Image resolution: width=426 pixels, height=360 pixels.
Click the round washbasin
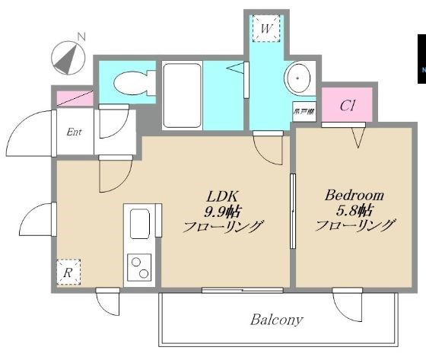(296, 78)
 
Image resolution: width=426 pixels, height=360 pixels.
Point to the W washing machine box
(266, 29)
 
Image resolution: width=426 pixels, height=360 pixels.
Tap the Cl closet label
(348, 105)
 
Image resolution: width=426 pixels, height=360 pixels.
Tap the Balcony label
(278, 320)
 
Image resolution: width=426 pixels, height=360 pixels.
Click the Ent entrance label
(75, 132)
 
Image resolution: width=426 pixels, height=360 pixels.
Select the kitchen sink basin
(141, 225)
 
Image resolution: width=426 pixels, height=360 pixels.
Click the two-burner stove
(141, 267)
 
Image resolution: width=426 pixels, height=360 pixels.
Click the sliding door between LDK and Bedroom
(293, 211)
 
